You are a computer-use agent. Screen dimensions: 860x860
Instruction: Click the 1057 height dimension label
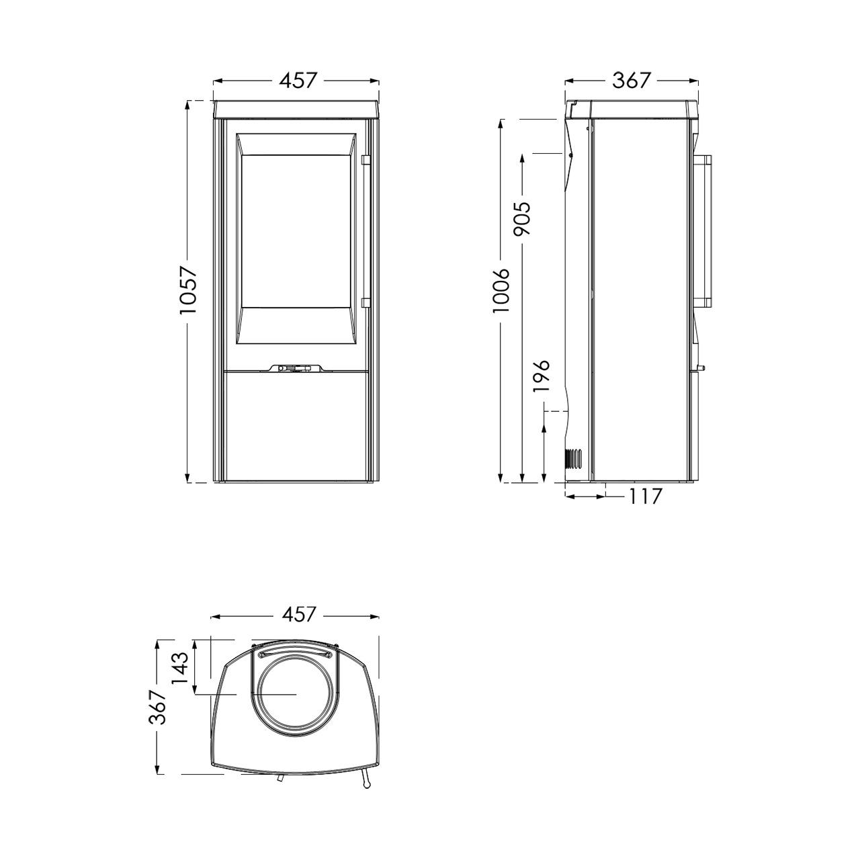188,290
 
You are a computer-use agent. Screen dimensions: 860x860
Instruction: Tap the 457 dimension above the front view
298,81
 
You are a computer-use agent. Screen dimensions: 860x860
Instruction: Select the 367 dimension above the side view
632,81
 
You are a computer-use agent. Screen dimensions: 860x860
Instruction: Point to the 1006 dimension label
501,290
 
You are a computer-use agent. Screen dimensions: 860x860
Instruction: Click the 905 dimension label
522,218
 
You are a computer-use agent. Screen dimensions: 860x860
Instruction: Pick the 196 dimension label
541,376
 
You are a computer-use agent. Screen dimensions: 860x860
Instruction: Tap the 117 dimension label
644,496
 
